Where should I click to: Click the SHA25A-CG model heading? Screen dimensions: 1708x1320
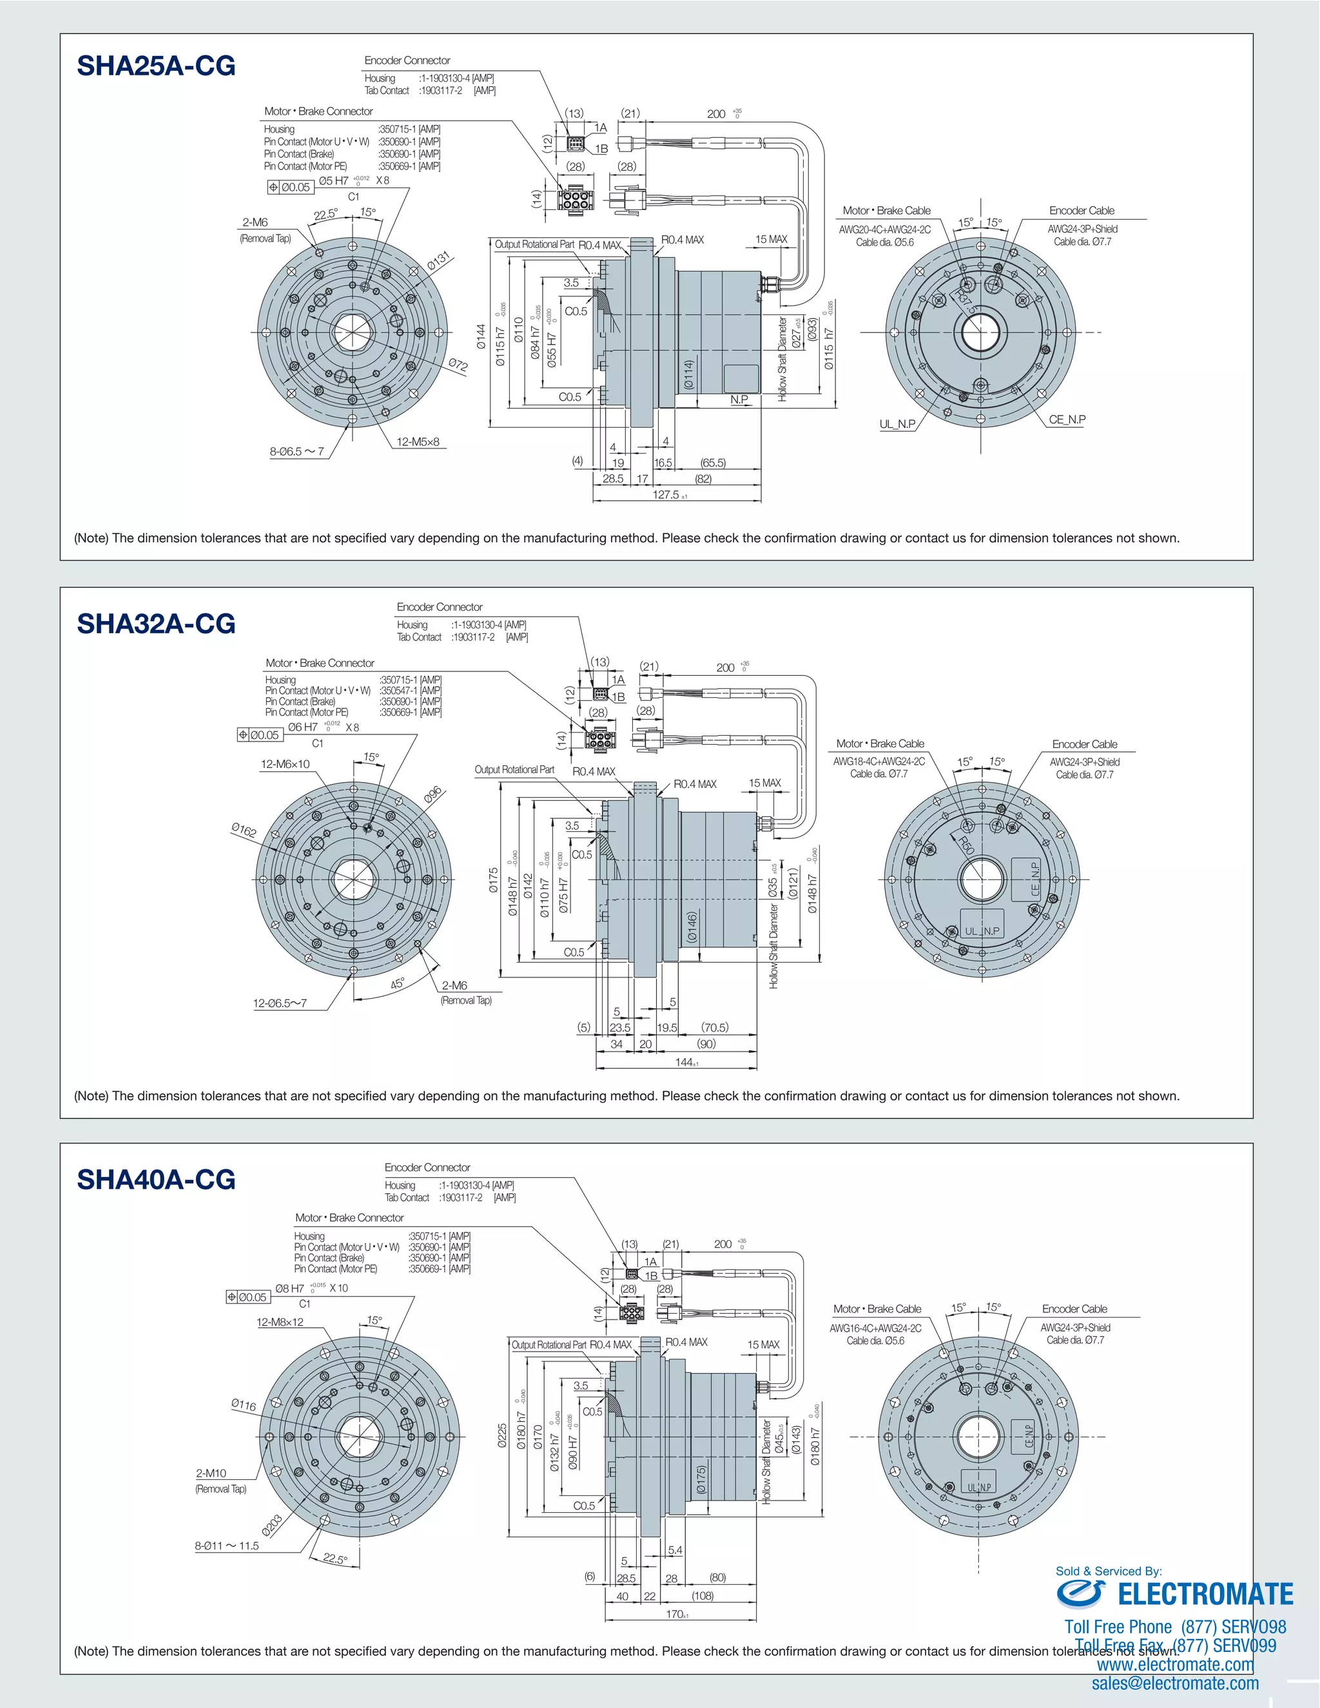156,66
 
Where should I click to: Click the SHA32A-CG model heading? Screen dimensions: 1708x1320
156,624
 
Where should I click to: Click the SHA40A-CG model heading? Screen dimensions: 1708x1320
156,1180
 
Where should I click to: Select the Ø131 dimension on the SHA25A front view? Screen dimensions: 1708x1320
439,262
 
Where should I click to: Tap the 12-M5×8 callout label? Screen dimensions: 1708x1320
418,442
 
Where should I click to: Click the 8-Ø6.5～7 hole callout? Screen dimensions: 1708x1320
296,452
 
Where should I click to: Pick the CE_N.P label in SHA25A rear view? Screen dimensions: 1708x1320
1067,420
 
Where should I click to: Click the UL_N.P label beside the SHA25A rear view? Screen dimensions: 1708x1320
897,425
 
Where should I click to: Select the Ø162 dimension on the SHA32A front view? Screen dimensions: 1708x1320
244,830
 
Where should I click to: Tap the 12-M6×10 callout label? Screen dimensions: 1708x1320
285,764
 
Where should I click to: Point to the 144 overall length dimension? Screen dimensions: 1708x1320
684,1062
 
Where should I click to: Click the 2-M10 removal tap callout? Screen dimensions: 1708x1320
211,1473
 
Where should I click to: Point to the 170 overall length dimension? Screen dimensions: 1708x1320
674,1614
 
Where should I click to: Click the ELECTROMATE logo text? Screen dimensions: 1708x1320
1205,1595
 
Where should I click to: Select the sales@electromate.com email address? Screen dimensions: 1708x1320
1175,1684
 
